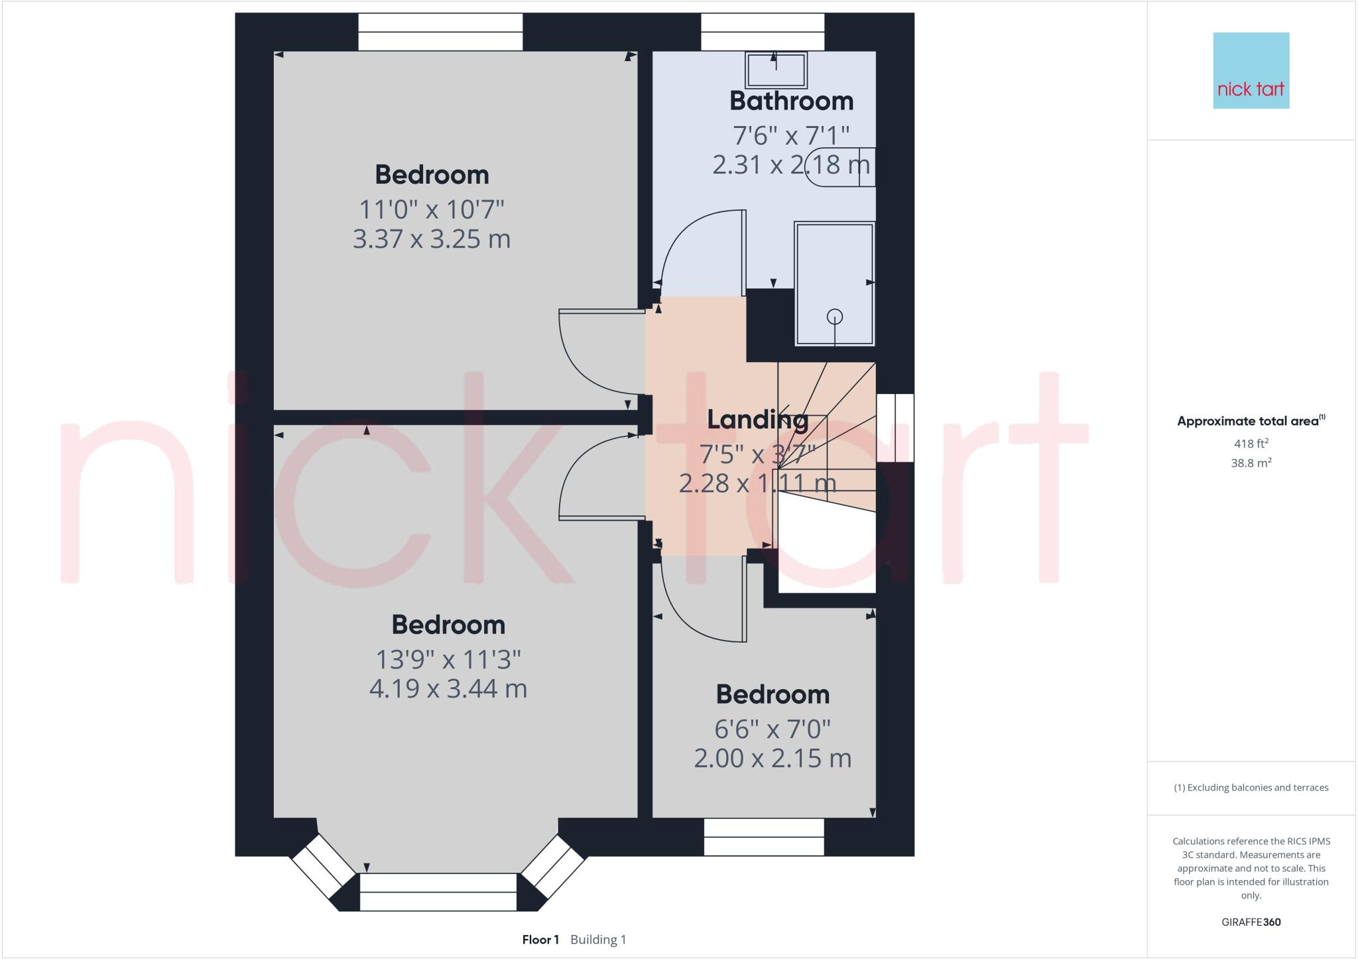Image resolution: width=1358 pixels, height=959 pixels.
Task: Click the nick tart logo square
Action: (1251, 70)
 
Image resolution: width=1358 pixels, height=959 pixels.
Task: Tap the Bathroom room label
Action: (791, 101)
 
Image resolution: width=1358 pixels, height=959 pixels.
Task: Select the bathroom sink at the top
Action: (776, 70)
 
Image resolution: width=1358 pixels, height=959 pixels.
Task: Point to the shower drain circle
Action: (834, 317)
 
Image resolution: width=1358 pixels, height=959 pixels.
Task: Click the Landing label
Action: (757, 420)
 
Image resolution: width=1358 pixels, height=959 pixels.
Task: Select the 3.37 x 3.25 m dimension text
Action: (431, 239)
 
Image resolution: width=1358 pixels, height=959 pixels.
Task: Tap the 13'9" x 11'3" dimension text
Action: (448, 660)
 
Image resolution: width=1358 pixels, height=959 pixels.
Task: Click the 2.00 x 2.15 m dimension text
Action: (772, 758)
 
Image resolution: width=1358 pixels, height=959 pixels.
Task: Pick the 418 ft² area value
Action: (1251, 444)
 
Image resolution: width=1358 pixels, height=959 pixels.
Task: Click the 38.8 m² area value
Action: (1251, 463)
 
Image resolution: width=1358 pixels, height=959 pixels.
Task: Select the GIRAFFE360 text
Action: (1251, 922)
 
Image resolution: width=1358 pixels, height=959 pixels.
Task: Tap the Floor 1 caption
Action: (540, 940)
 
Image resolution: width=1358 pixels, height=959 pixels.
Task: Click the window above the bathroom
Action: (763, 32)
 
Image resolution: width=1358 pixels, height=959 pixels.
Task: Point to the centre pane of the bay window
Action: (438, 892)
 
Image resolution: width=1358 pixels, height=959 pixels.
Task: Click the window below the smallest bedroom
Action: (764, 837)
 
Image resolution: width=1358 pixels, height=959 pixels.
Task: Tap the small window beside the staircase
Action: (895, 428)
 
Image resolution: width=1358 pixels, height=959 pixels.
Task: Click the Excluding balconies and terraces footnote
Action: (1251, 788)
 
